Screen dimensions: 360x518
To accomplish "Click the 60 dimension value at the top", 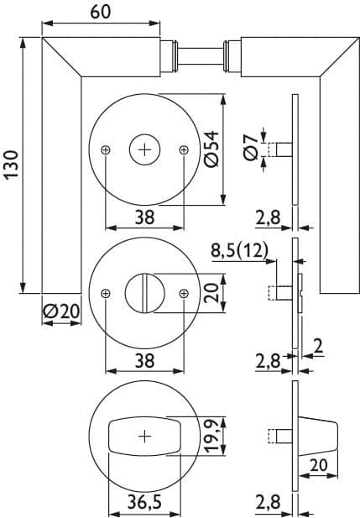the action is (x=101, y=12).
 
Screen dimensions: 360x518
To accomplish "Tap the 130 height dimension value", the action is (x=13, y=165).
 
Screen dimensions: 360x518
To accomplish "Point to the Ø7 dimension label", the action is (x=252, y=148).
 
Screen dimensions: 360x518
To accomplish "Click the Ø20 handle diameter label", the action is (x=61, y=311).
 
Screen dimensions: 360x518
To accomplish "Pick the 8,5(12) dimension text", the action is (x=239, y=251).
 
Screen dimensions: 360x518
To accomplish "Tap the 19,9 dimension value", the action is (x=212, y=436).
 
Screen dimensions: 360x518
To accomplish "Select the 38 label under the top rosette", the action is (x=144, y=217).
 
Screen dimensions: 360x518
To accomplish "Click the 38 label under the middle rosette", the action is (x=144, y=361).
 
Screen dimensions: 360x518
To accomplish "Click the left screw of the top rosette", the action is (x=106, y=150).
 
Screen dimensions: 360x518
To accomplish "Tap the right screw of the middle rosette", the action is (x=184, y=293).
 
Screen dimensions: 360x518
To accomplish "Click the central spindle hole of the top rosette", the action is (x=144, y=150).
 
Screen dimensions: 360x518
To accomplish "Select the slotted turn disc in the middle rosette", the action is (x=144, y=293).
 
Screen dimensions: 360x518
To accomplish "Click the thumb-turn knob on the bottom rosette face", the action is (x=144, y=437).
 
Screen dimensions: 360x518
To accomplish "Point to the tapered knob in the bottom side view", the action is (x=318, y=437).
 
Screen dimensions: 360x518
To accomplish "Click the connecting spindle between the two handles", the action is (x=201, y=55).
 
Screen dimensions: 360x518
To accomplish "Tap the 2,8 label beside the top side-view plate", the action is (x=268, y=218).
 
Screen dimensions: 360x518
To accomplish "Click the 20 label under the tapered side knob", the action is (x=319, y=465).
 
